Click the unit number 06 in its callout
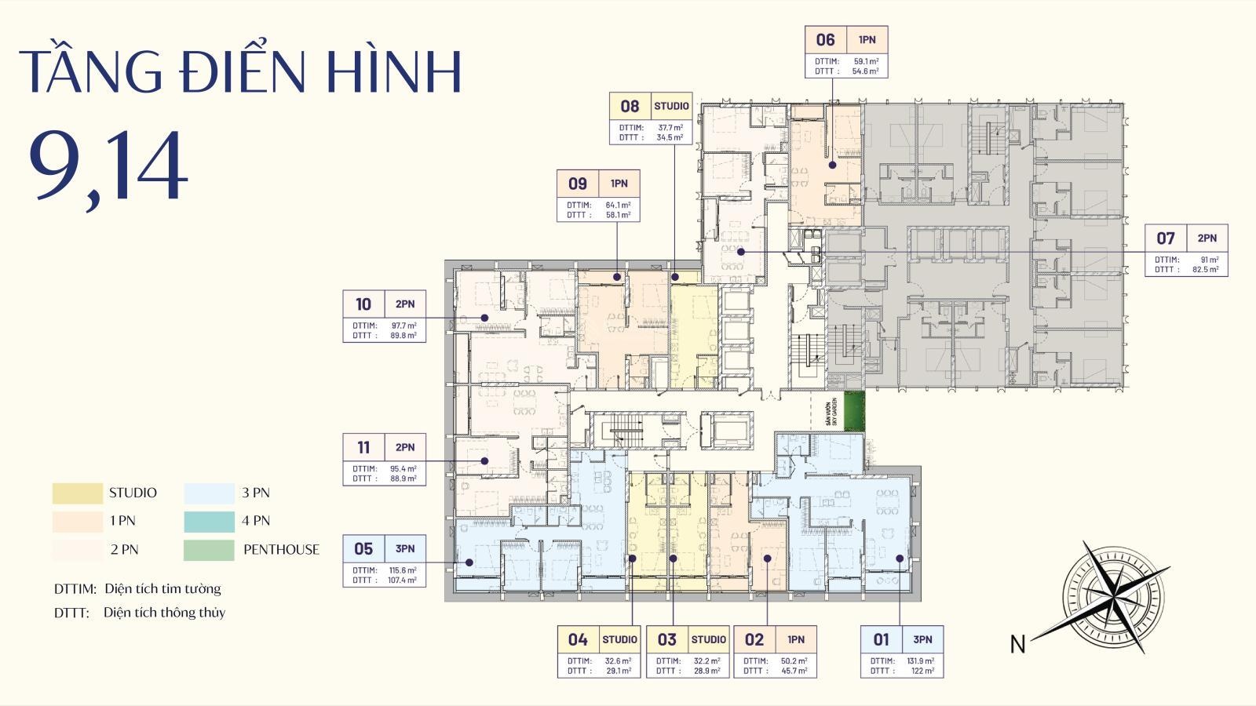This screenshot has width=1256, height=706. click(x=825, y=40)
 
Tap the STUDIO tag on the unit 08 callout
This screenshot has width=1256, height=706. click(x=671, y=106)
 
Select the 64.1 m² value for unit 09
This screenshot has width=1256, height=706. click(x=618, y=205)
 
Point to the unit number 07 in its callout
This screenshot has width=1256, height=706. click(x=1165, y=238)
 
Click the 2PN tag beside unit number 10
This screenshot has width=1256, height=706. click(x=405, y=304)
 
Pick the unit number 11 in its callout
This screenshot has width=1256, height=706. click(x=363, y=448)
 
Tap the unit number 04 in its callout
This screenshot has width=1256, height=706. click(x=577, y=640)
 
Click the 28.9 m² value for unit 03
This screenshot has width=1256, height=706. click(x=706, y=671)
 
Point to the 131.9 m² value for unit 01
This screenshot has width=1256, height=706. click(x=921, y=661)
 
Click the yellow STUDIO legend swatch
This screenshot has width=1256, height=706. click(x=77, y=493)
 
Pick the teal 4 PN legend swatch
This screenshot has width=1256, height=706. click(x=209, y=521)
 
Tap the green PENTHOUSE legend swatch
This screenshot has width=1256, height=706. click(x=209, y=550)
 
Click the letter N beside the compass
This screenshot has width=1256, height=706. click(x=1017, y=644)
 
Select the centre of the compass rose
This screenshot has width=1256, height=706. click(x=1115, y=594)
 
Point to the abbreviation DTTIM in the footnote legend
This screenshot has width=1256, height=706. click(x=75, y=589)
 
